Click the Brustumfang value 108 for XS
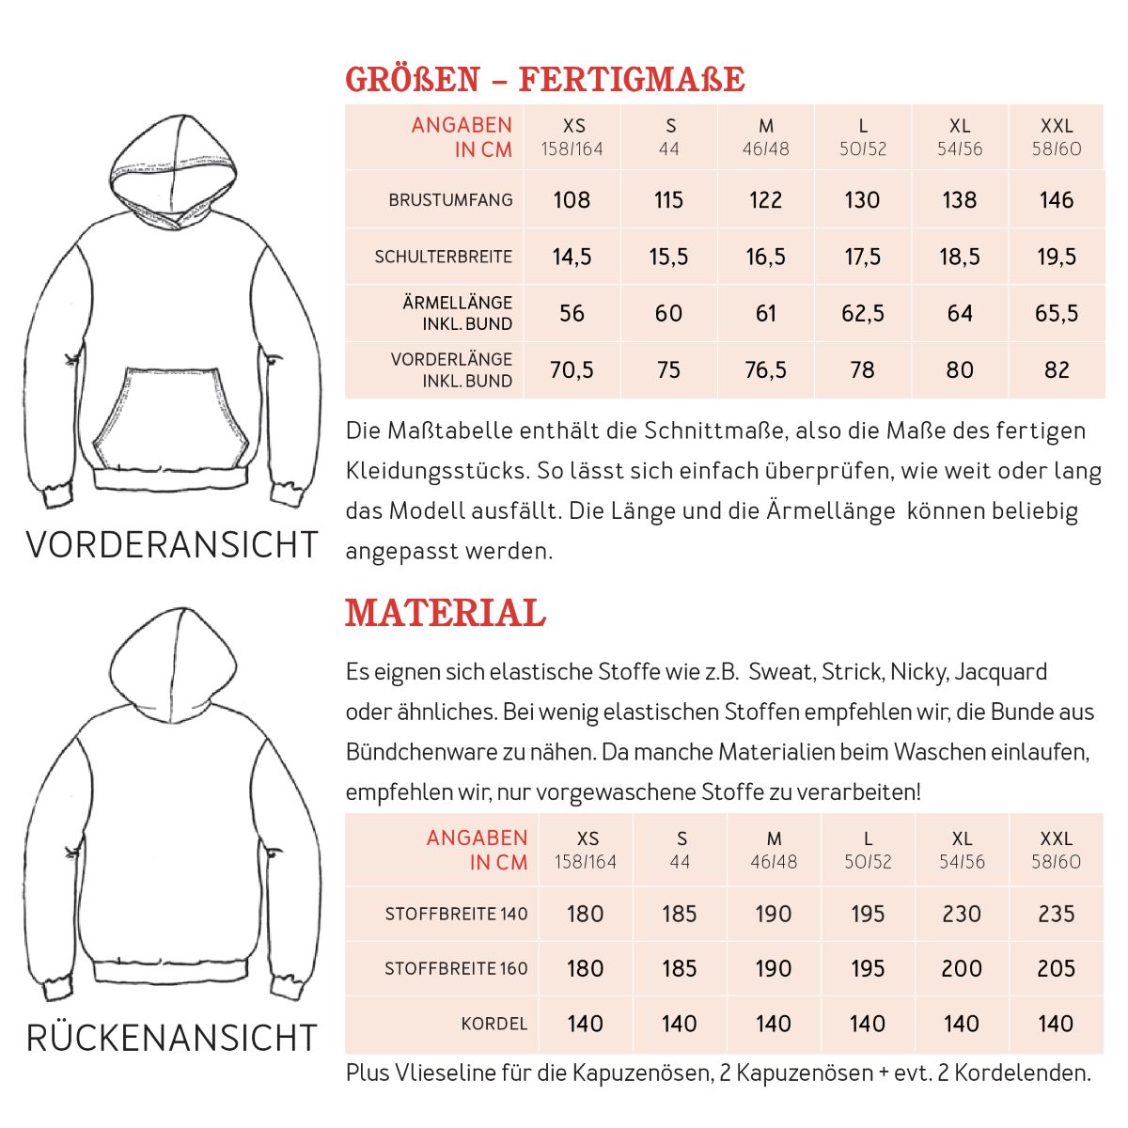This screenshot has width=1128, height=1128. coord(572,199)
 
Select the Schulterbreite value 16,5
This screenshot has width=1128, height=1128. coord(765,257)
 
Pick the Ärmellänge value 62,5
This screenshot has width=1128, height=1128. coord(862,313)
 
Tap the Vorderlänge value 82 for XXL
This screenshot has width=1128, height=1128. coord(1057,369)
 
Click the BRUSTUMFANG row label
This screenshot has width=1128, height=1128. coord(450,199)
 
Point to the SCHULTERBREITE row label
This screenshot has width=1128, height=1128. coord(443,257)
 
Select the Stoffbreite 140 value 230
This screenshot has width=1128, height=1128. coord(961,914)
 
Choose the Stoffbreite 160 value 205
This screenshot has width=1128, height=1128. coord(1056,968)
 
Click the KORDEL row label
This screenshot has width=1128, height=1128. coord(493,1024)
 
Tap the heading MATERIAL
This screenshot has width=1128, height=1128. coord(446,613)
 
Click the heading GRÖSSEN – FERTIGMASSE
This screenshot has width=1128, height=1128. coord(545,80)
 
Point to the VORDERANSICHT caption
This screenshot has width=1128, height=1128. coord(172,544)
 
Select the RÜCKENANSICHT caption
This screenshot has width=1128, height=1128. coord(172,1038)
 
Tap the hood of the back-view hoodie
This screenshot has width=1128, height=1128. coord(170,658)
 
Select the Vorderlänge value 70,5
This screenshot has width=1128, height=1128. coord(572,369)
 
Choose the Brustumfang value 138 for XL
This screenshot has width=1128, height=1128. coord(959,199)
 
